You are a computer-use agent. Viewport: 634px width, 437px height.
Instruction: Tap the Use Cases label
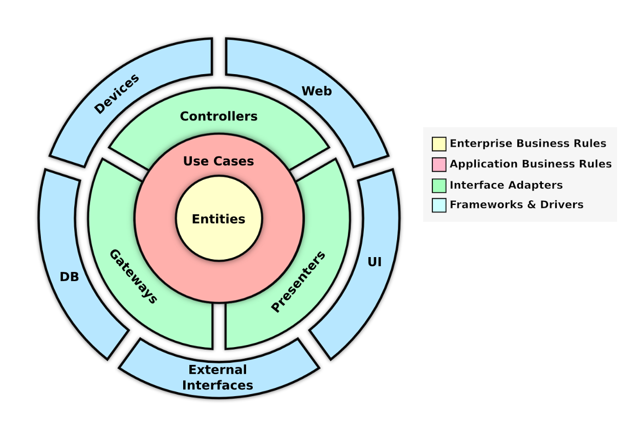pyautogui.click(x=218, y=161)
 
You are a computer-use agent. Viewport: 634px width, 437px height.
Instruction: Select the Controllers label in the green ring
pyautogui.click(x=218, y=117)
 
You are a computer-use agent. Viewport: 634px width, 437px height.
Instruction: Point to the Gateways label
pyautogui.click(x=133, y=277)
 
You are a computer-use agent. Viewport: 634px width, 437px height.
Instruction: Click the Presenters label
pyautogui.click(x=298, y=282)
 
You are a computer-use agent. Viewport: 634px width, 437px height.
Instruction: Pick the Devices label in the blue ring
pyautogui.click(x=117, y=94)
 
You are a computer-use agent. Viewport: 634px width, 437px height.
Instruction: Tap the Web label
pyautogui.click(x=316, y=91)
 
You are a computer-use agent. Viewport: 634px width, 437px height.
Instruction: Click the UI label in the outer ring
pyautogui.click(x=375, y=262)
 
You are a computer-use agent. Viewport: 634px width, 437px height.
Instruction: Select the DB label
pyautogui.click(x=69, y=277)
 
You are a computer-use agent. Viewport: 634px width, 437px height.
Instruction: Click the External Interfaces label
pyautogui.click(x=217, y=377)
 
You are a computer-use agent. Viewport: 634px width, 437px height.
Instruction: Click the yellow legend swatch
pyautogui.click(x=439, y=144)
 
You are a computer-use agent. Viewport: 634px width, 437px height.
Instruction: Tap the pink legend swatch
pyautogui.click(x=439, y=165)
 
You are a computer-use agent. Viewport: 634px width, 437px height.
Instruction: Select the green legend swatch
pyautogui.click(x=439, y=185)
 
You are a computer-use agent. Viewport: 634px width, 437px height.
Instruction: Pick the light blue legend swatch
pyautogui.click(x=439, y=205)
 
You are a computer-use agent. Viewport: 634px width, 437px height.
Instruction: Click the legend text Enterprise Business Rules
pyautogui.click(x=528, y=144)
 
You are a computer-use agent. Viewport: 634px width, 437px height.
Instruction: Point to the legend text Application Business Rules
pyautogui.click(x=531, y=164)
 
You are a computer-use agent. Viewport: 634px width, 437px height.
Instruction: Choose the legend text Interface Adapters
pyautogui.click(x=506, y=185)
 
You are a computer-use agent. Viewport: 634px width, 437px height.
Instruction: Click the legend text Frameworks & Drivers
pyautogui.click(x=516, y=205)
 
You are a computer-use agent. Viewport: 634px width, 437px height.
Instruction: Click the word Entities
pyautogui.click(x=218, y=219)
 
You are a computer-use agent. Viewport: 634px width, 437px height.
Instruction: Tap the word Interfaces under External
pyautogui.click(x=217, y=385)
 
